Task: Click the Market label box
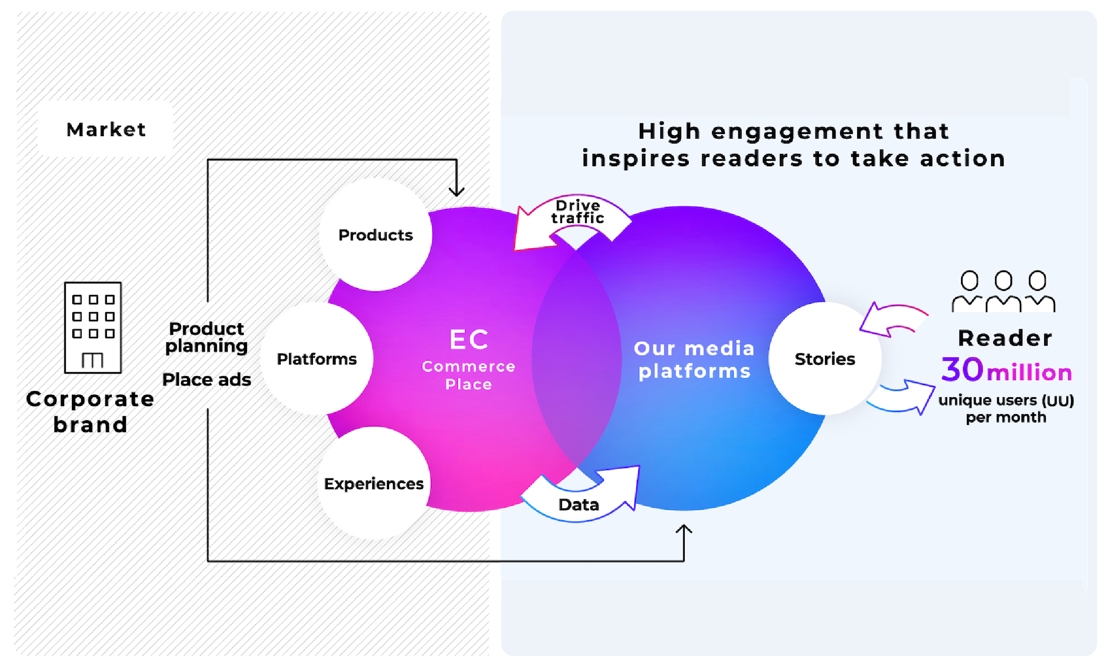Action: tap(106, 130)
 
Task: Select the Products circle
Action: tap(375, 235)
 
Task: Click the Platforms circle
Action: tap(317, 359)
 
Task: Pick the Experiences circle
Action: tap(374, 483)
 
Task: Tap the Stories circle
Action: tap(825, 359)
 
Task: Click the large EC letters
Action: tap(469, 340)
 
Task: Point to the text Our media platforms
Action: tap(694, 360)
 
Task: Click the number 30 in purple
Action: tap(962, 370)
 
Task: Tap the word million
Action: tap(1029, 373)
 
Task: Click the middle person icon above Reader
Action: tap(1004, 292)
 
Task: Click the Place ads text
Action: tap(206, 380)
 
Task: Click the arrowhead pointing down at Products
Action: tap(456, 191)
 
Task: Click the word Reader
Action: tap(1005, 338)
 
